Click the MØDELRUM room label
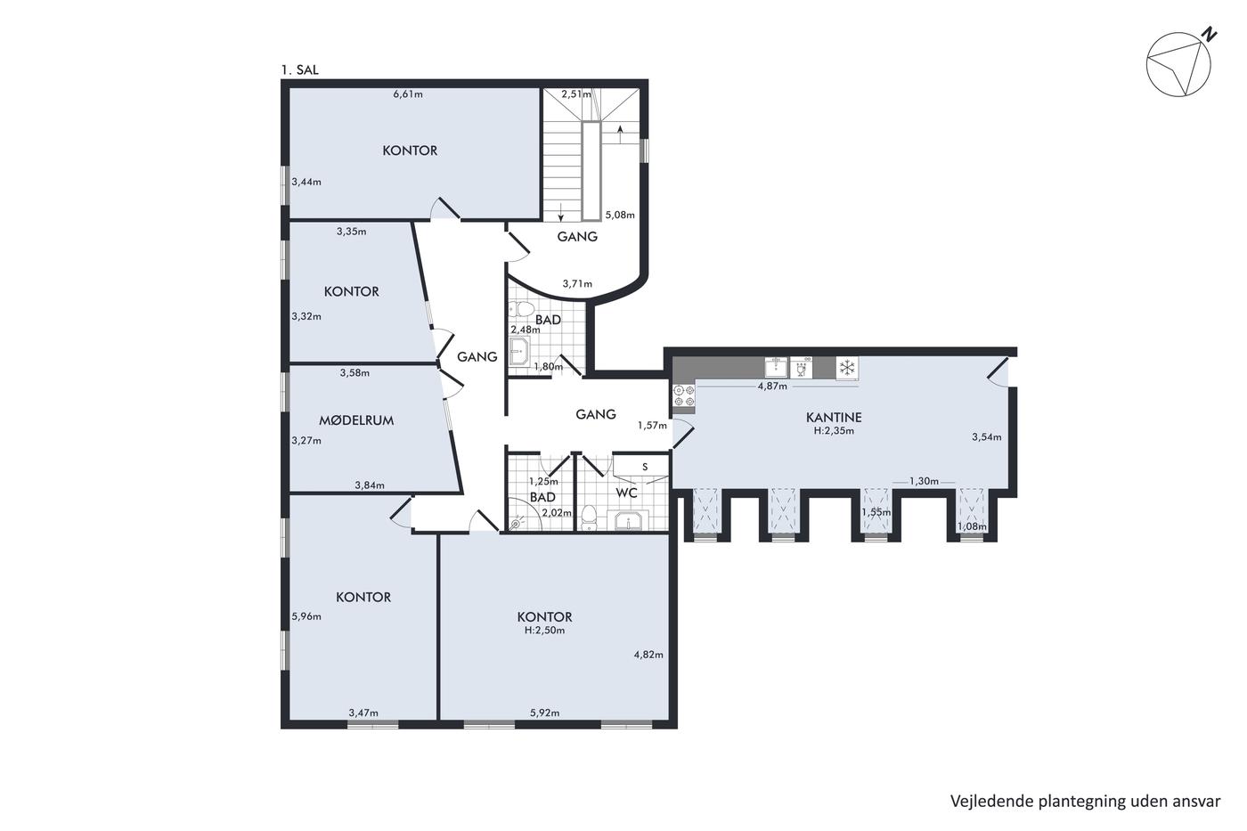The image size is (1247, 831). tap(356, 420)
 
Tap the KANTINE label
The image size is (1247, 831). tap(834, 417)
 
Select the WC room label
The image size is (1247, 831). tap(626, 493)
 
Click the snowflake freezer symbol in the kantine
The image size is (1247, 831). tap(847, 367)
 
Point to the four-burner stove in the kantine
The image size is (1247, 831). tap(684, 395)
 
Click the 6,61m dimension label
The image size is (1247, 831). tap(408, 94)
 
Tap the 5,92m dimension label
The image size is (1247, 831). tap(545, 713)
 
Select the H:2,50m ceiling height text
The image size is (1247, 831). tap(544, 630)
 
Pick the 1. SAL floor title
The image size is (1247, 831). tap(300, 70)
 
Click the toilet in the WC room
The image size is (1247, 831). tap(588, 517)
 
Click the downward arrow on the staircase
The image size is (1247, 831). tap(560, 212)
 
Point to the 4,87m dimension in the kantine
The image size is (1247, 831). tap(772, 387)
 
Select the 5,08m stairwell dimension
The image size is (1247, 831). tap(620, 215)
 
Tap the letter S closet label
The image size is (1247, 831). tap(645, 467)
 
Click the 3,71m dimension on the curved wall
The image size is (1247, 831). tap(577, 284)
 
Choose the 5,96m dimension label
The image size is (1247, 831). tap(306, 616)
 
